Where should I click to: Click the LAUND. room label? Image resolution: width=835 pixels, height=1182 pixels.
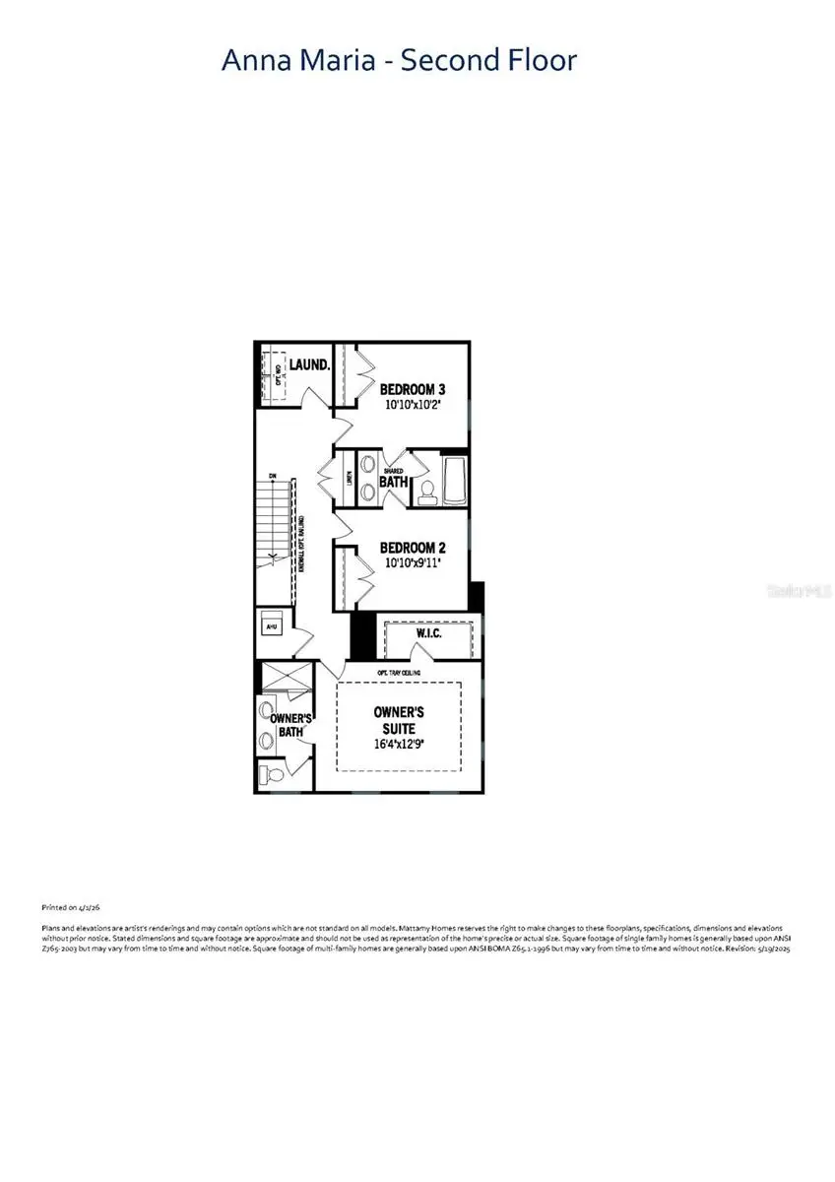pyautogui.click(x=309, y=364)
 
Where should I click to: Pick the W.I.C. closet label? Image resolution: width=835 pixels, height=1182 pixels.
pyautogui.click(x=429, y=633)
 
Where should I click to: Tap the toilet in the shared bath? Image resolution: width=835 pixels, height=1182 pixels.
pyautogui.click(x=428, y=492)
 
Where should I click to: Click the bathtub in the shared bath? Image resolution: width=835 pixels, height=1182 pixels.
pyautogui.click(x=457, y=480)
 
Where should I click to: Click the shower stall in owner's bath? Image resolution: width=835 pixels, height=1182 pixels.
pyautogui.click(x=284, y=680)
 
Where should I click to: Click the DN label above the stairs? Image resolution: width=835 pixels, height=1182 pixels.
pyautogui.click(x=273, y=477)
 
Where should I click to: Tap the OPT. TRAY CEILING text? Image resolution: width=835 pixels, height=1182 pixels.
pyautogui.click(x=398, y=674)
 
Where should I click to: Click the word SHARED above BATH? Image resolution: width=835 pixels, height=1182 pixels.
pyautogui.click(x=394, y=471)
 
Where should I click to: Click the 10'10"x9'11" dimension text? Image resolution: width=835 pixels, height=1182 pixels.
pyautogui.click(x=417, y=564)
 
